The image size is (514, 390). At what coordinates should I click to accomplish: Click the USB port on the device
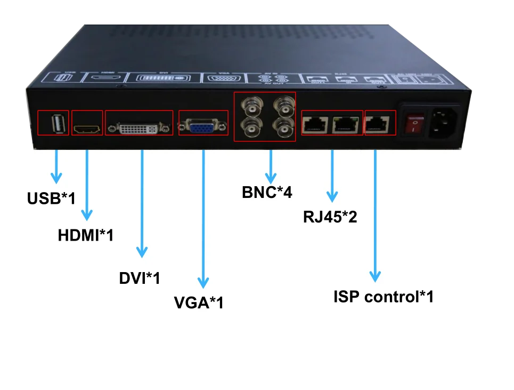(58, 124)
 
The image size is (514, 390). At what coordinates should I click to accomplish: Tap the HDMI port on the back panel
(87, 129)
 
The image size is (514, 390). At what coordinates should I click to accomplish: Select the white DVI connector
(138, 129)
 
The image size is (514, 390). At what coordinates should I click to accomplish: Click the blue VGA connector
(202, 128)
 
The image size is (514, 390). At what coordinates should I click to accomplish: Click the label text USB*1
(51, 198)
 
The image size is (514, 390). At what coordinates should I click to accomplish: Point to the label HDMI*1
(86, 235)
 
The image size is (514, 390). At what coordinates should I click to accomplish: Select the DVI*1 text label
(140, 278)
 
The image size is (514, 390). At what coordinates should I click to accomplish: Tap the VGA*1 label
(199, 303)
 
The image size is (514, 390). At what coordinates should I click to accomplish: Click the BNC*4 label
(267, 192)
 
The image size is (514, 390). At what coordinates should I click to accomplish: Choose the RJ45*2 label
(330, 217)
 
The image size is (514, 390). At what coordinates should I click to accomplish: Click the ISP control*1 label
(383, 297)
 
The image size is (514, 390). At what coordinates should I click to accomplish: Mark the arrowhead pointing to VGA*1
(203, 282)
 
